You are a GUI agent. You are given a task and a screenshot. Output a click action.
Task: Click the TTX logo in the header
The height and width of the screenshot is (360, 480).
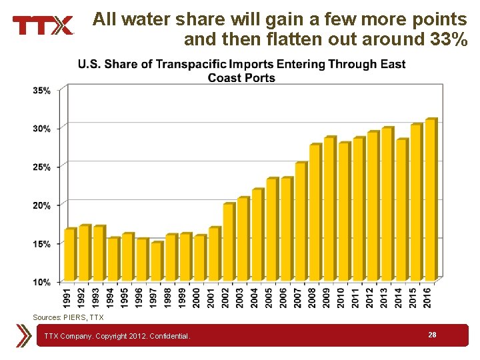pyautogui.click(x=43, y=25)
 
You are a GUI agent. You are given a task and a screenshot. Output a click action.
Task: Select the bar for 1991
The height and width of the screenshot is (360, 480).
pyautogui.click(x=69, y=255)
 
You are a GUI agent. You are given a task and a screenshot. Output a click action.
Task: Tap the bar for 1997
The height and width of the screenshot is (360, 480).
pyautogui.click(x=156, y=261)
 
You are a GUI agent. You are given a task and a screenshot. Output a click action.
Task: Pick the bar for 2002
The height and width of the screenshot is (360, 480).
pyautogui.click(x=228, y=242)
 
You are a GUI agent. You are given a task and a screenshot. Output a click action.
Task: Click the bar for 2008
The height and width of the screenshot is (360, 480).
pyautogui.click(x=315, y=213)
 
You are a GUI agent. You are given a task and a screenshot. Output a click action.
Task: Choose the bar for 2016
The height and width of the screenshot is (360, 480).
pyautogui.click(x=430, y=200)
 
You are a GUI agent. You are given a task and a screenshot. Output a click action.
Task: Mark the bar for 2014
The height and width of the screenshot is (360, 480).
pyautogui.click(x=401, y=210)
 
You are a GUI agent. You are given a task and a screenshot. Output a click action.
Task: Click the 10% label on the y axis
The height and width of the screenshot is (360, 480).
pyautogui.click(x=41, y=282)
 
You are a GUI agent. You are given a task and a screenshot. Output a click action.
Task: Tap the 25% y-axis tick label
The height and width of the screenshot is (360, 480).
pyautogui.click(x=41, y=167)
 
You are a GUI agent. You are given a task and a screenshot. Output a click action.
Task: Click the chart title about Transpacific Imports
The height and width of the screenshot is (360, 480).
pyautogui.click(x=241, y=71)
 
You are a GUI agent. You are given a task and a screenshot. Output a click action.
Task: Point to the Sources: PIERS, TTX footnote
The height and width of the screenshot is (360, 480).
pyautogui.click(x=68, y=317)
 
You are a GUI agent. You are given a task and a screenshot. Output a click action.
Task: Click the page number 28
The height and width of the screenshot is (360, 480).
pyautogui.click(x=432, y=335)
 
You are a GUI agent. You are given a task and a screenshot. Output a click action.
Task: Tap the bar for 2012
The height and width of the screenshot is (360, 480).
pyautogui.click(x=373, y=206)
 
